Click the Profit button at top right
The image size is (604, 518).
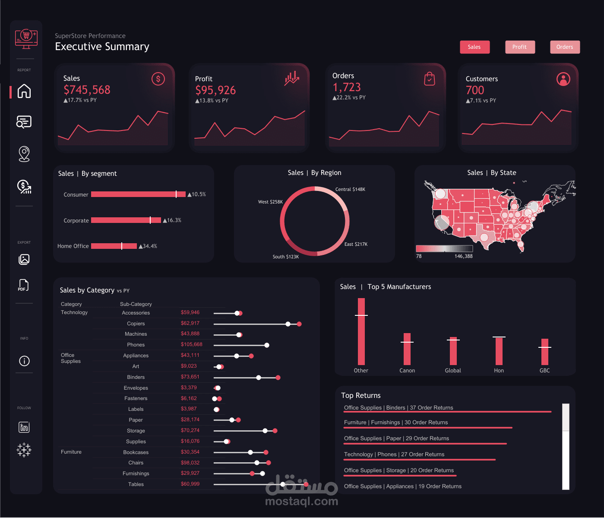520,47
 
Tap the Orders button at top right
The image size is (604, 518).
565,47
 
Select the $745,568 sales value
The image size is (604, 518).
87,90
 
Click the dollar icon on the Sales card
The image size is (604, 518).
158,79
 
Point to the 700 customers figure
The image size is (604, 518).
475,90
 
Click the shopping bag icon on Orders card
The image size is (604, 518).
429,79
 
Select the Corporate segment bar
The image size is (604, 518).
126,220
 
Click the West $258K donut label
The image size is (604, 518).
270,202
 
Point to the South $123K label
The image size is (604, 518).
285,257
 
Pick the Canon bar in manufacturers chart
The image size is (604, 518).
407,349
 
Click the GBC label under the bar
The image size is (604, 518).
544,371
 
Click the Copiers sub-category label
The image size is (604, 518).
136,324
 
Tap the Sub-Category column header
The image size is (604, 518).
136,304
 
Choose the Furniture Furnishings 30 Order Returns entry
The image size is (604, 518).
395,423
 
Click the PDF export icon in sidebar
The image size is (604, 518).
24,285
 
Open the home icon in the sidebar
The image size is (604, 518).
24,91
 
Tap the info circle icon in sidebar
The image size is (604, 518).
24,361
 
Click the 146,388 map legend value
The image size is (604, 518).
463,256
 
